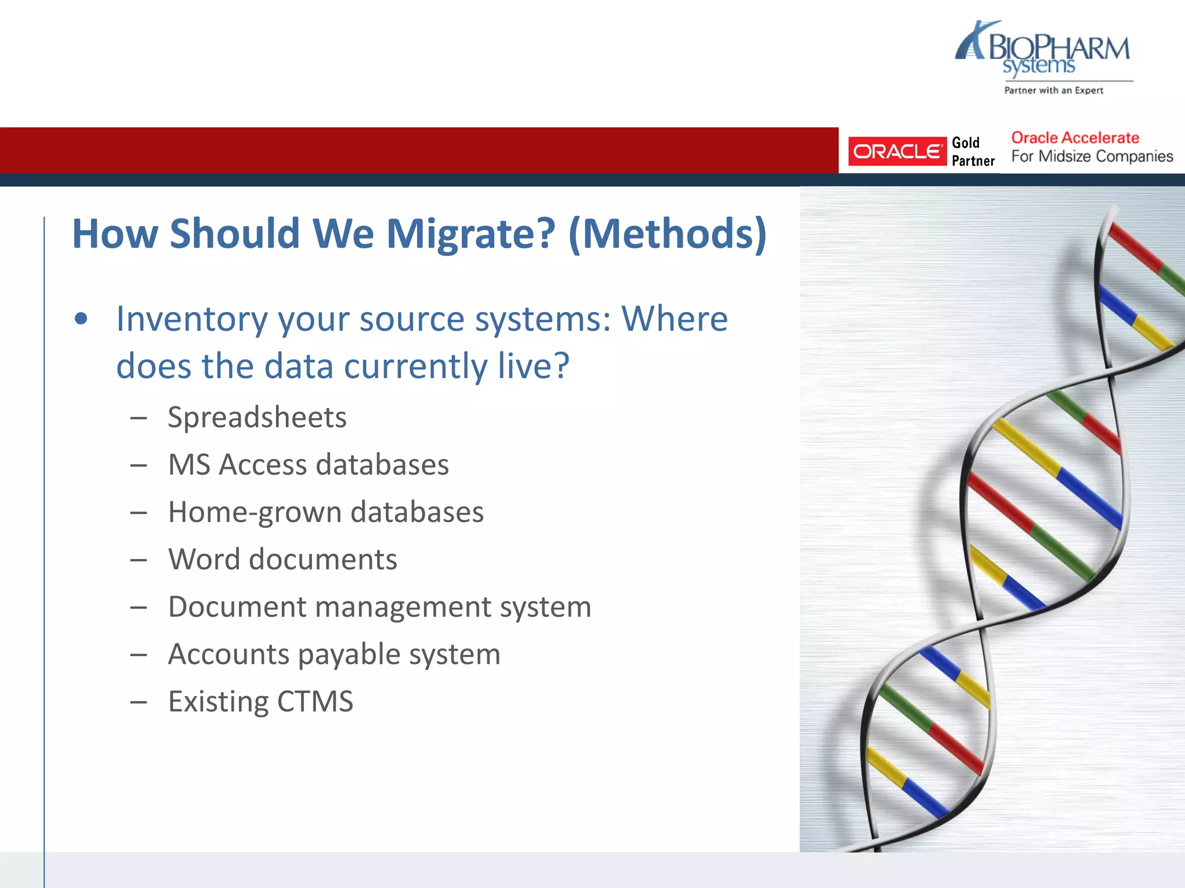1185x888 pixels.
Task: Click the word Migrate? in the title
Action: (470, 234)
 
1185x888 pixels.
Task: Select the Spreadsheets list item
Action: (257, 417)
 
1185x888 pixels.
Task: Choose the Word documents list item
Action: (282, 560)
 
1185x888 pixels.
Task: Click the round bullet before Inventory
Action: (81, 319)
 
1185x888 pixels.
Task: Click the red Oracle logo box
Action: (897, 151)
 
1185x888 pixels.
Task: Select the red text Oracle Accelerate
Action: (1074, 138)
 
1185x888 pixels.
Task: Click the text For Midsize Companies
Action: (1092, 157)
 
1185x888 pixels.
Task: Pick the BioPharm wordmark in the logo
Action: (1058, 47)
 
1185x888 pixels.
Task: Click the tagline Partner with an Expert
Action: (1053, 90)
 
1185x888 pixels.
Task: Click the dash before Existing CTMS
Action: (138, 702)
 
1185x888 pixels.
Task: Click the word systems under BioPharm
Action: (1039, 66)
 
